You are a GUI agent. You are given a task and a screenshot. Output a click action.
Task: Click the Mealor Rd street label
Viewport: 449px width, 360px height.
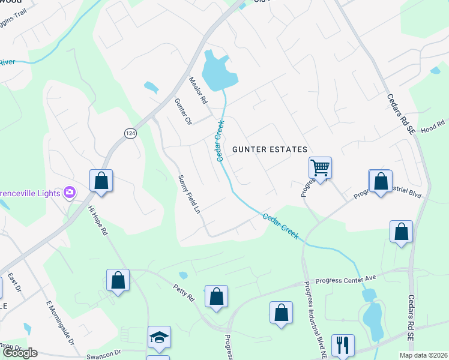click(197, 90)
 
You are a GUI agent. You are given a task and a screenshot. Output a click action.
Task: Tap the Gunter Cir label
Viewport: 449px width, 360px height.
click(183, 111)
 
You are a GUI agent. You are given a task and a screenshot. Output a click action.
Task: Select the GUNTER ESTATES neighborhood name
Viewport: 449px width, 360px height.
click(270, 149)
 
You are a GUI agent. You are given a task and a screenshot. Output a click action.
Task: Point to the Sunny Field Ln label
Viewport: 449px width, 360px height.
click(188, 194)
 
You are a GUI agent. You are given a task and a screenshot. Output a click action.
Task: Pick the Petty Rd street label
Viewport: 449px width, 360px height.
click(184, 293)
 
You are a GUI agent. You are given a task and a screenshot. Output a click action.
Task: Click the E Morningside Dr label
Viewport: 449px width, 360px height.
click(59, 323)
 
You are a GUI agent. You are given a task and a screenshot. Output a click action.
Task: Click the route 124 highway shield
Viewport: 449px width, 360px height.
click(130, 134)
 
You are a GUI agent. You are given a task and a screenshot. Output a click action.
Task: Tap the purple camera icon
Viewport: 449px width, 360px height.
click(70, 192)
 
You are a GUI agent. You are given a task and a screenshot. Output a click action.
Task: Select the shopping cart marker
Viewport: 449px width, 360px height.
click(320, 167)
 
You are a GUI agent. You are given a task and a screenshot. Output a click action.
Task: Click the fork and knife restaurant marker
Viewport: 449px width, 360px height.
click(343, 344)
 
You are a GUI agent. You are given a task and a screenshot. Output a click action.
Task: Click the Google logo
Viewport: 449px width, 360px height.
click(20, 353)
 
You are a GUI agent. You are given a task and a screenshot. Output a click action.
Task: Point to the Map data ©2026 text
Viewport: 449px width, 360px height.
click(423, 355)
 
